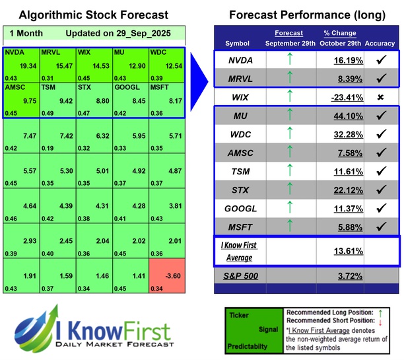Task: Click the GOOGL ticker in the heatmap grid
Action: pos(125,86)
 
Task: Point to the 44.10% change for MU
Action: pos(341,116)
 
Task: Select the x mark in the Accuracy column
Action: pos(380,97)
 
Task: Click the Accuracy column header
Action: pos(380,44)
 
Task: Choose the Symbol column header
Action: pos(238,44)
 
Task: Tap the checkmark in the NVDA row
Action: pos(380,59)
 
